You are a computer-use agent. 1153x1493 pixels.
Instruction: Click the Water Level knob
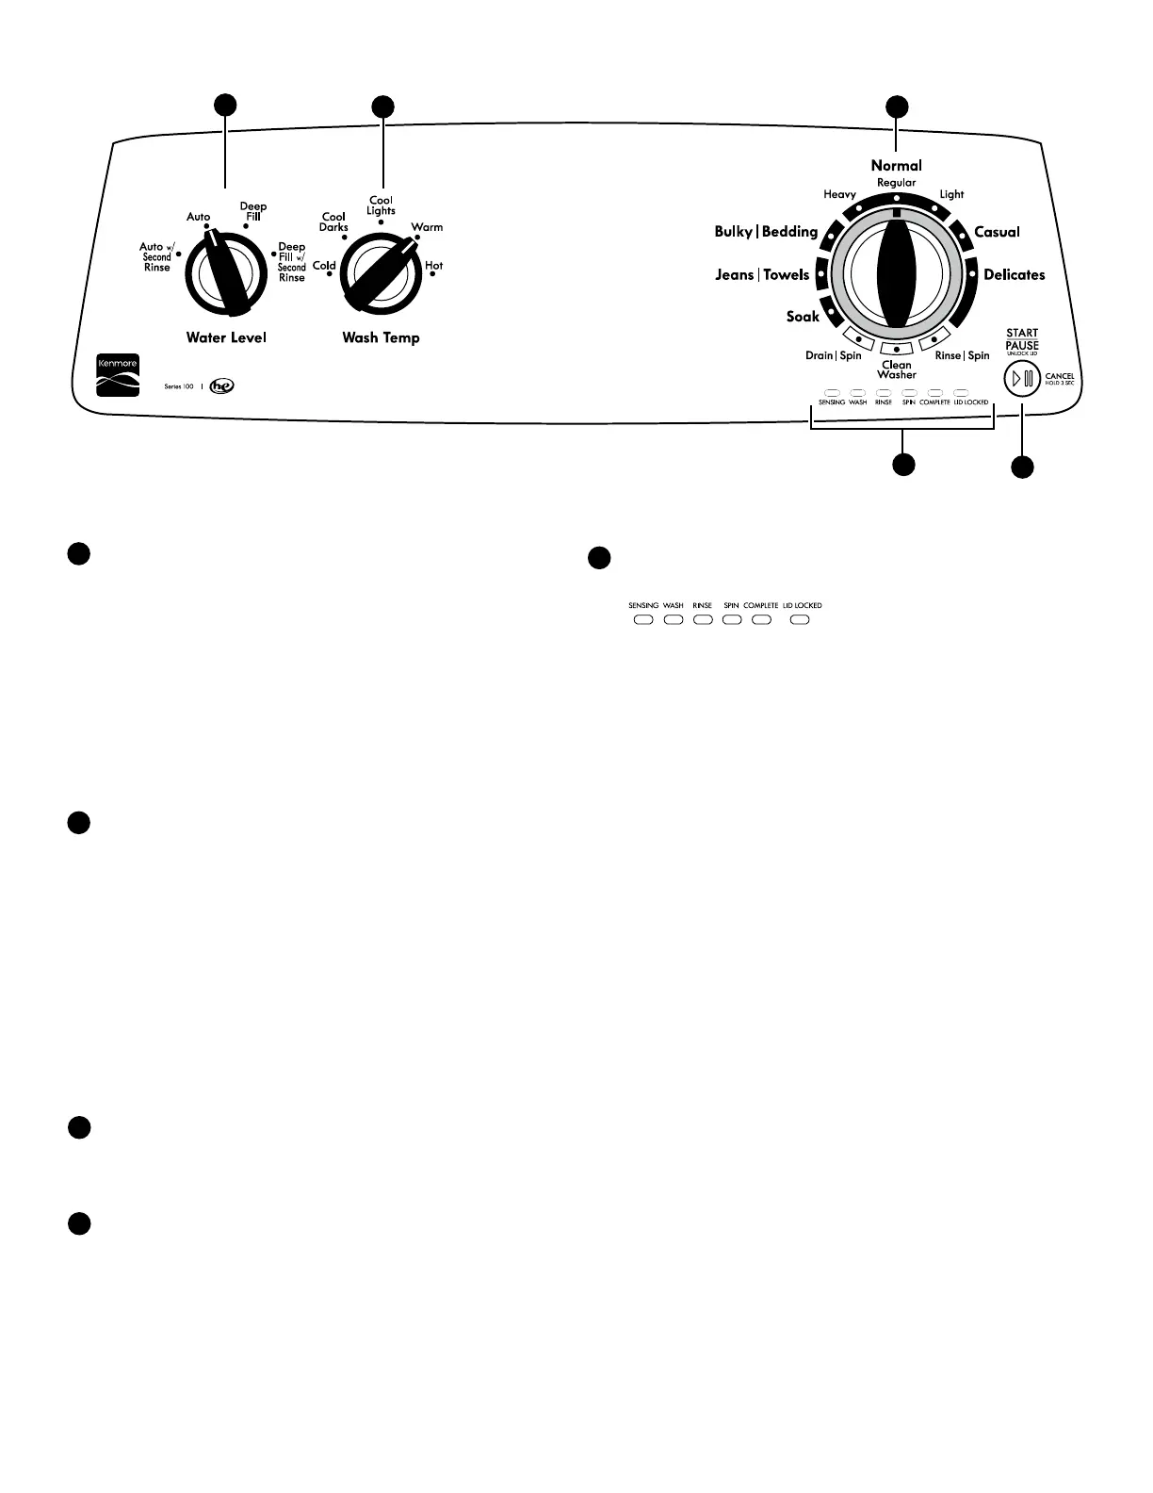[226, 274]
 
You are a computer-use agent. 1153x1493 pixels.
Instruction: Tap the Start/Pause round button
[1021, 380]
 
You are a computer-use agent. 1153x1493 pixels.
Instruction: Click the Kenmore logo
[118, 375]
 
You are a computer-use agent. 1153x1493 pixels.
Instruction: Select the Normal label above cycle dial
[896, 166]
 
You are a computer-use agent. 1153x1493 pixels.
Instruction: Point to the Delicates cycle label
[1014, 275]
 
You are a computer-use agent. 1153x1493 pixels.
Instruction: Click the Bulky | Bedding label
[766, 232]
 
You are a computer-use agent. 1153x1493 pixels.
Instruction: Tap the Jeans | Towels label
[762, 275]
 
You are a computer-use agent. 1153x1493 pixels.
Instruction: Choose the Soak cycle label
[803, 317]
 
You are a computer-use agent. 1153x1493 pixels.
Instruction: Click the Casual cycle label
[997, 232]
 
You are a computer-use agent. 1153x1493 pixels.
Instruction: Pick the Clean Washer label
[896, 369]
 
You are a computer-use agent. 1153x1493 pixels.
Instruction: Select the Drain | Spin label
[833, 356]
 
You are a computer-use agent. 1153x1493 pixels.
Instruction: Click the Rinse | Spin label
[962, 356]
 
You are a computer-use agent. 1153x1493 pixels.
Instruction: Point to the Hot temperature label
[433, 266]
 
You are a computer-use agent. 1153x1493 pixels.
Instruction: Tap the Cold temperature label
[324, 266]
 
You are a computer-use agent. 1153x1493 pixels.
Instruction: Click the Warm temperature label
[427, 227]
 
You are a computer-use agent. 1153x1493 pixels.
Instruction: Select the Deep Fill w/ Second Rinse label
[292, 262]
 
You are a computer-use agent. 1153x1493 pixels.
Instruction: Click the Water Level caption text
[226, 337]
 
